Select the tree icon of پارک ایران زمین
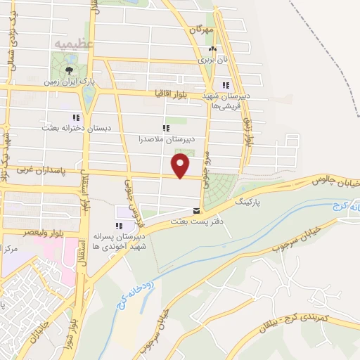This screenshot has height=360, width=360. click(68, 70)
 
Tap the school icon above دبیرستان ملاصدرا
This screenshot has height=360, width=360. click(166, 128)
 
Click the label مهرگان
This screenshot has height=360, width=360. click(200, 31)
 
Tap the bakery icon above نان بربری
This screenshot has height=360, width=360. click(212, 49)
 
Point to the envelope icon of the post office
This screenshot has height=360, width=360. click(196, 210)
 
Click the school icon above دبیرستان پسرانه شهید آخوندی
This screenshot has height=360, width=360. click(119, 226)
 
